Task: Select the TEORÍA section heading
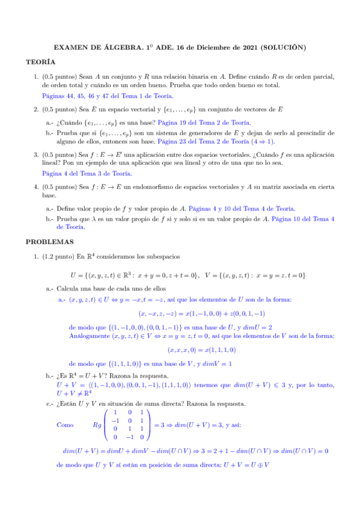[x=41, y=62]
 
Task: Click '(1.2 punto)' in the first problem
[x=59, y=257]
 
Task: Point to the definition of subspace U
[x=142, y=275]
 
